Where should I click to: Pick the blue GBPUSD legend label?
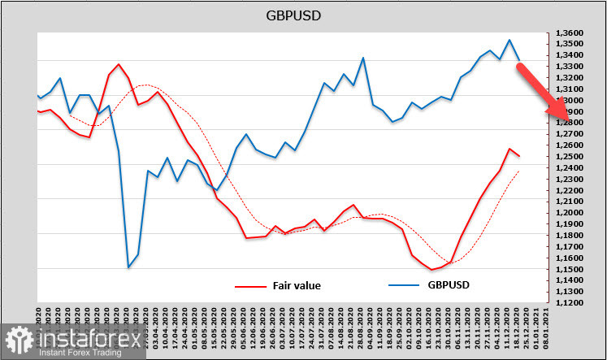pyautogui.click(x=449, y=285)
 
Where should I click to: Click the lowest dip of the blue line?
pyautogui.click(x=128, y=267)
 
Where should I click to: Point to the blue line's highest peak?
pyautogui.click(x=509, y=40)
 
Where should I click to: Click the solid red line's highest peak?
pyautogui.click(x=119, y=63)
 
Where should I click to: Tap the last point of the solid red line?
pyautogui.click(x=519, y=156)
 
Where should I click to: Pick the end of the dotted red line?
pyautogui.click(x=519, y=171)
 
